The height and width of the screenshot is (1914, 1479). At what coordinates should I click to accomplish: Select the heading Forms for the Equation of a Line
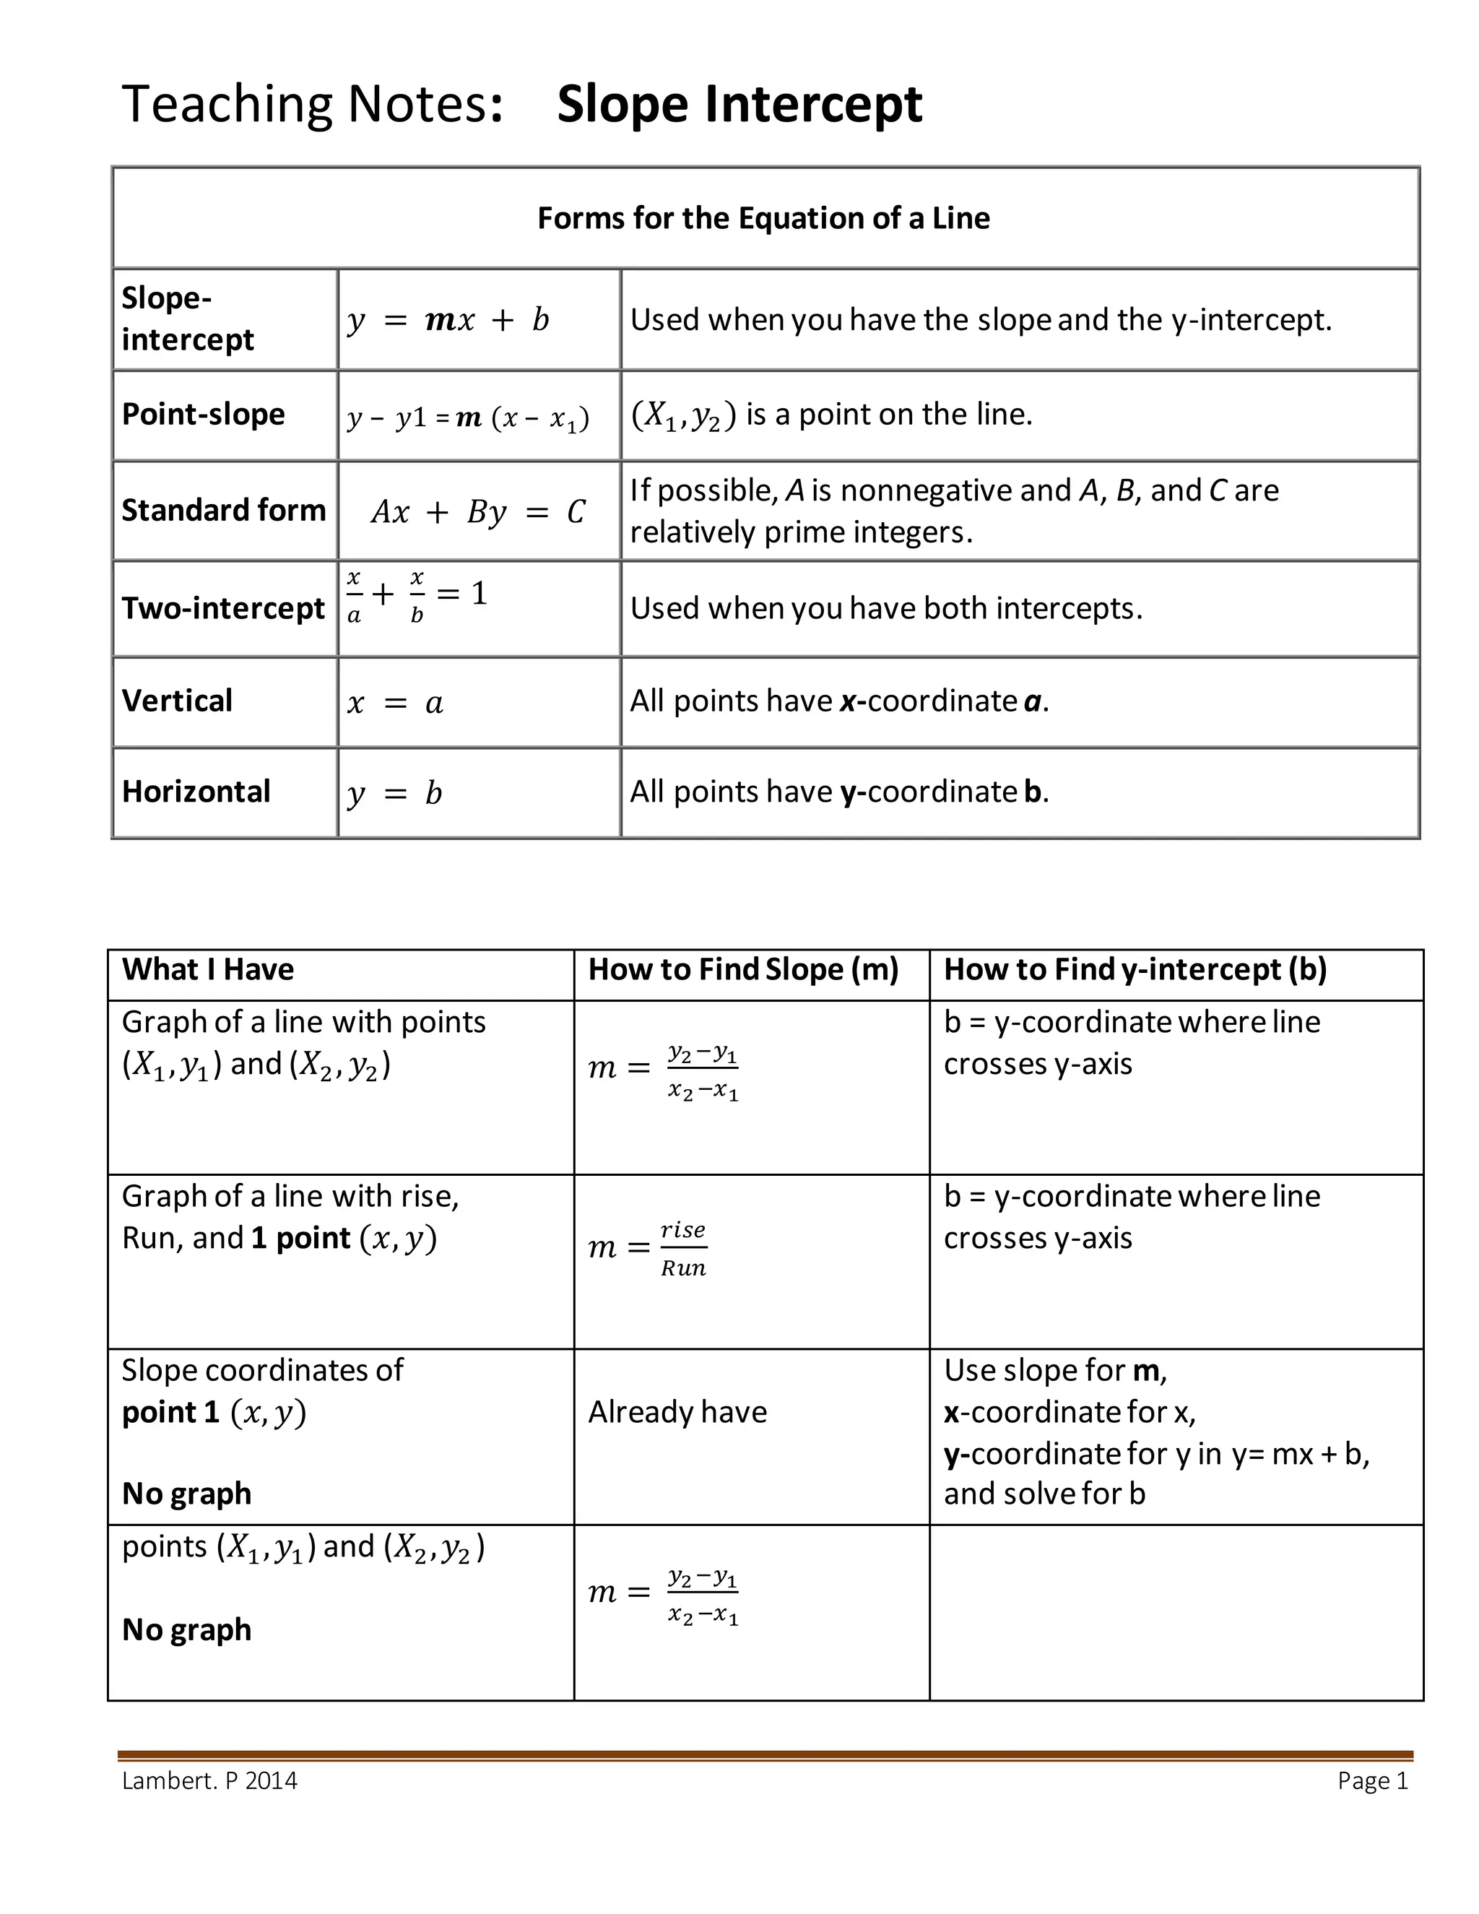(763, 218)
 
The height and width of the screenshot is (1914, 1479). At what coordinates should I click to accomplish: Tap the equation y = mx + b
(448, 320)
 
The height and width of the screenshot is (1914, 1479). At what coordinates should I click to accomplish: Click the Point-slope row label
(203, 414)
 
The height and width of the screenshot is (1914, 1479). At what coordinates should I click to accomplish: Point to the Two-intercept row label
(222, 608)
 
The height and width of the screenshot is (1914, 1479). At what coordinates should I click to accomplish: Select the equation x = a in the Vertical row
(395, 703)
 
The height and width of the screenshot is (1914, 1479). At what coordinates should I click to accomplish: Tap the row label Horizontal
(196, 792)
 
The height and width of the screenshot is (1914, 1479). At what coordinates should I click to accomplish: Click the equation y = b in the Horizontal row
(394, 794)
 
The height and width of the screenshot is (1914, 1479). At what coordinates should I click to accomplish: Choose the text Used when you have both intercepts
(886, 608)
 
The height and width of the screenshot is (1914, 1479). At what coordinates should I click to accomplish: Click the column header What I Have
(208, 969)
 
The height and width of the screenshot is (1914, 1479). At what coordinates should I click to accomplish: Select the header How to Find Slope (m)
(743, 969)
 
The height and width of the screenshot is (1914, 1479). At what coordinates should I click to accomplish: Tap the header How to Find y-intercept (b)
(1135, 969)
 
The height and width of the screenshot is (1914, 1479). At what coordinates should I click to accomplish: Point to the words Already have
(677, 1412)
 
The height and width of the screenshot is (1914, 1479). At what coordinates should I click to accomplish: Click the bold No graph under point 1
(186, 1494)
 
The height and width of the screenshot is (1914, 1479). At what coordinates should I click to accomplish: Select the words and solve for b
(1044, 1494)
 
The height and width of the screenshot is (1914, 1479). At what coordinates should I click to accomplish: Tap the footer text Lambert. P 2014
(209, 1781)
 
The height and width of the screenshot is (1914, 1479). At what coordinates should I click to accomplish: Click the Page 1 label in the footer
(1372, 1781)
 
